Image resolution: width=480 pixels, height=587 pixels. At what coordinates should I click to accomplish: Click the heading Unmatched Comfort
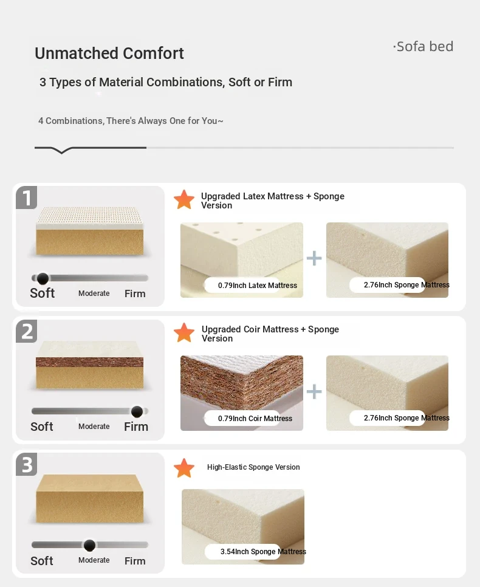(109, 53)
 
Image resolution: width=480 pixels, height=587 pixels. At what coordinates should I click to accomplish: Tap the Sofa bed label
(423, 46)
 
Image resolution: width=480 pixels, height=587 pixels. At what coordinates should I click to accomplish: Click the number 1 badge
(27, 197)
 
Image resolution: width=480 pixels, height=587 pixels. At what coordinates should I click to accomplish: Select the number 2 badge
(27, 331)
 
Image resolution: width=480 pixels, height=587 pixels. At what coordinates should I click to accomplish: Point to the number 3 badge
(27, 465)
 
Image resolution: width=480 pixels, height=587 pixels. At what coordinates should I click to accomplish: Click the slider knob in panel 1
(43, 278)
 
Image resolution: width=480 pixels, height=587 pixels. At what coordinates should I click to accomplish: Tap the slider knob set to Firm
(137, 411)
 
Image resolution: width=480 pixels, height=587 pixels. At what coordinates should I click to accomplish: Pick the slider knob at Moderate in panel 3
(89, 545)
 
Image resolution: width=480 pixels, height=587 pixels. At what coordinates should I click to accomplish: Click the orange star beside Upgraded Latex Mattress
(184, 199)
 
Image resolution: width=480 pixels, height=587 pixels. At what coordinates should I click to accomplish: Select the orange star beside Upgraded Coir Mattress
(184, 332)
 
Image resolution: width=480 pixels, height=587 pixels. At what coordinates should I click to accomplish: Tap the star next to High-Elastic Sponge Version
(184, 468)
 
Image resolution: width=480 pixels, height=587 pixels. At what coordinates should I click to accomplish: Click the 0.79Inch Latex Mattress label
(258, 285)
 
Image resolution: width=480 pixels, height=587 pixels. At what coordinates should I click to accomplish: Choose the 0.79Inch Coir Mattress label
(255, 419)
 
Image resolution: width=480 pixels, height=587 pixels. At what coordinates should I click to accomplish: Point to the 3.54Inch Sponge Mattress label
(263, 551)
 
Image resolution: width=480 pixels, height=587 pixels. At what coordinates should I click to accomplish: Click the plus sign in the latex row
(314, 258)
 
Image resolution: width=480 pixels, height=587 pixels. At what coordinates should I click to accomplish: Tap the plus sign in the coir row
(314, 391)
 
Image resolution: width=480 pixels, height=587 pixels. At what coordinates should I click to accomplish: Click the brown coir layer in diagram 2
(89, 362)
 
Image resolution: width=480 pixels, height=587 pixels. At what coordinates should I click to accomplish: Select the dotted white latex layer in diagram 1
(89, 218)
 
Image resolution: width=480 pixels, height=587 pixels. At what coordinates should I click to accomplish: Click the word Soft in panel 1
(43, 293)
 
